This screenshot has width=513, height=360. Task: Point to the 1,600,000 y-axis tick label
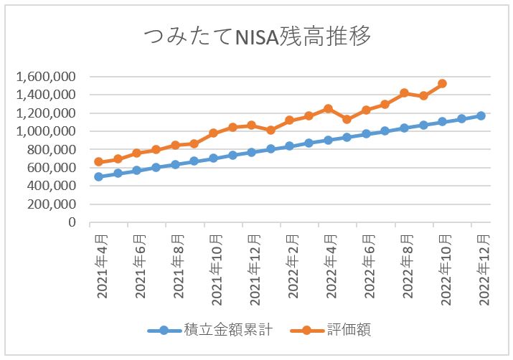(x=47, y=77)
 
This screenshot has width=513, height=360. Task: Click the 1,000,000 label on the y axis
(x=47, y=131)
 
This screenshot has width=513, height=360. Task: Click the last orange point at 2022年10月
(x=443, y=84)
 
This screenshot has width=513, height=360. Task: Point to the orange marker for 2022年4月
(x=328, y=109)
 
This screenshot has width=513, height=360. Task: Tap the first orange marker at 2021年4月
(x=99, y=162)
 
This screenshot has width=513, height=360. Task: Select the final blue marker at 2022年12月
(x=481, y=115)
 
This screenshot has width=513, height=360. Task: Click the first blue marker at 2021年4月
(x=99, y=176)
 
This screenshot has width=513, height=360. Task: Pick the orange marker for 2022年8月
(x=405, y=93)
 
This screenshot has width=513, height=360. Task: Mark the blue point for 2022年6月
(x=366, y=133)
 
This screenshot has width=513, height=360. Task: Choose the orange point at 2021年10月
(x=213, y=133)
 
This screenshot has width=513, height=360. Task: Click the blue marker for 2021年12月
(x=252, y=152)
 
